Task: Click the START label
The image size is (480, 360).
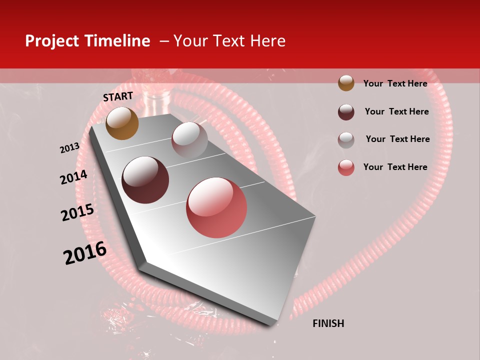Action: pyautogui.click(x=118, y=96)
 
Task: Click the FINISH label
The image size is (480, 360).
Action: pyautogui.click(x=328, y=323)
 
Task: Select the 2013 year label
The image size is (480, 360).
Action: pyautogui.click(x=69, y=148)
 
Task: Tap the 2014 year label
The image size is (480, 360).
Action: pyautogui.click(x=73, y=177)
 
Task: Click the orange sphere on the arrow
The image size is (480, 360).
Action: pyautogui.click(x=122, y=123)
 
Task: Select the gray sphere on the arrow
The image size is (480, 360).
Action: pyautogui.click(x=189, y=139)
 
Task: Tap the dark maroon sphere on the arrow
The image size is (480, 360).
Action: pyautogui.click(x=145, y=179)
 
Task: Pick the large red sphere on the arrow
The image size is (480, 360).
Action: pyautogui.click(x=216, y=207)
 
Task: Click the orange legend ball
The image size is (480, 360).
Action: pyautogui.click(x=346, y=83)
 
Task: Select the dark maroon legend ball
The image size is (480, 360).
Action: pyautogui.click(x=346, y=111)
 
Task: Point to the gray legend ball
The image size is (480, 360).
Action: pyautogui.click(x=346, y=139)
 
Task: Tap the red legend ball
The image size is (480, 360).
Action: pyautogui.click(x=346, y=167)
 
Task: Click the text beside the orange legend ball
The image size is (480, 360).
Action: pyautogui.click(x=395, y=83)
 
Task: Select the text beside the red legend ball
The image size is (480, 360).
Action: pyautogui.click(x=395, y=167)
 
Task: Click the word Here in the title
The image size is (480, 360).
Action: pyautogui.click(x=267, y=41)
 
